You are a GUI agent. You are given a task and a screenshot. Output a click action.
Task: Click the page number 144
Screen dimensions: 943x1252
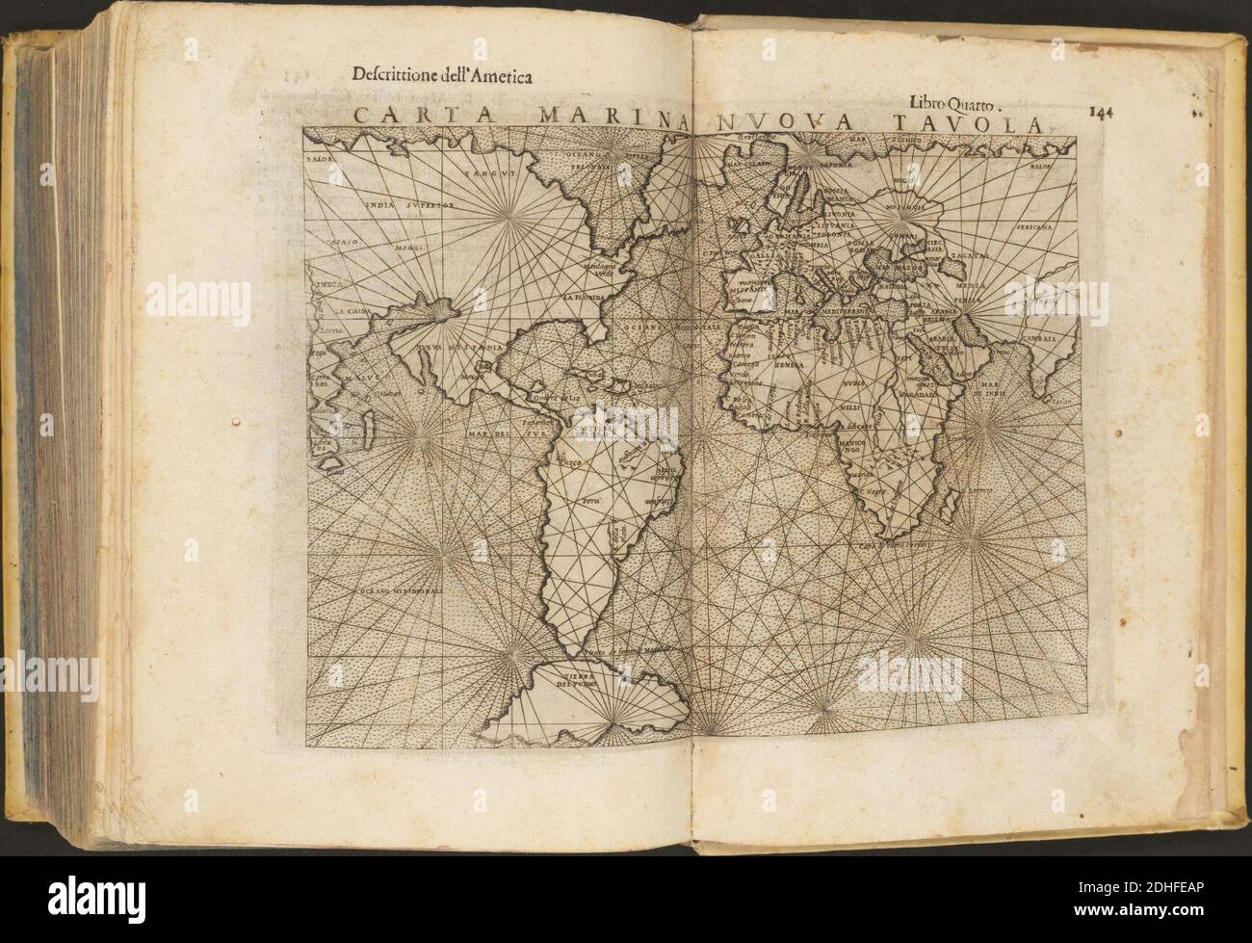pyautogui.click(x=1101, y=109)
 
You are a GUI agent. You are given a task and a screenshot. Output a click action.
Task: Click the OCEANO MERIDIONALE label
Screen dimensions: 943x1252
pyautogui.click(x=403, y=589)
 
